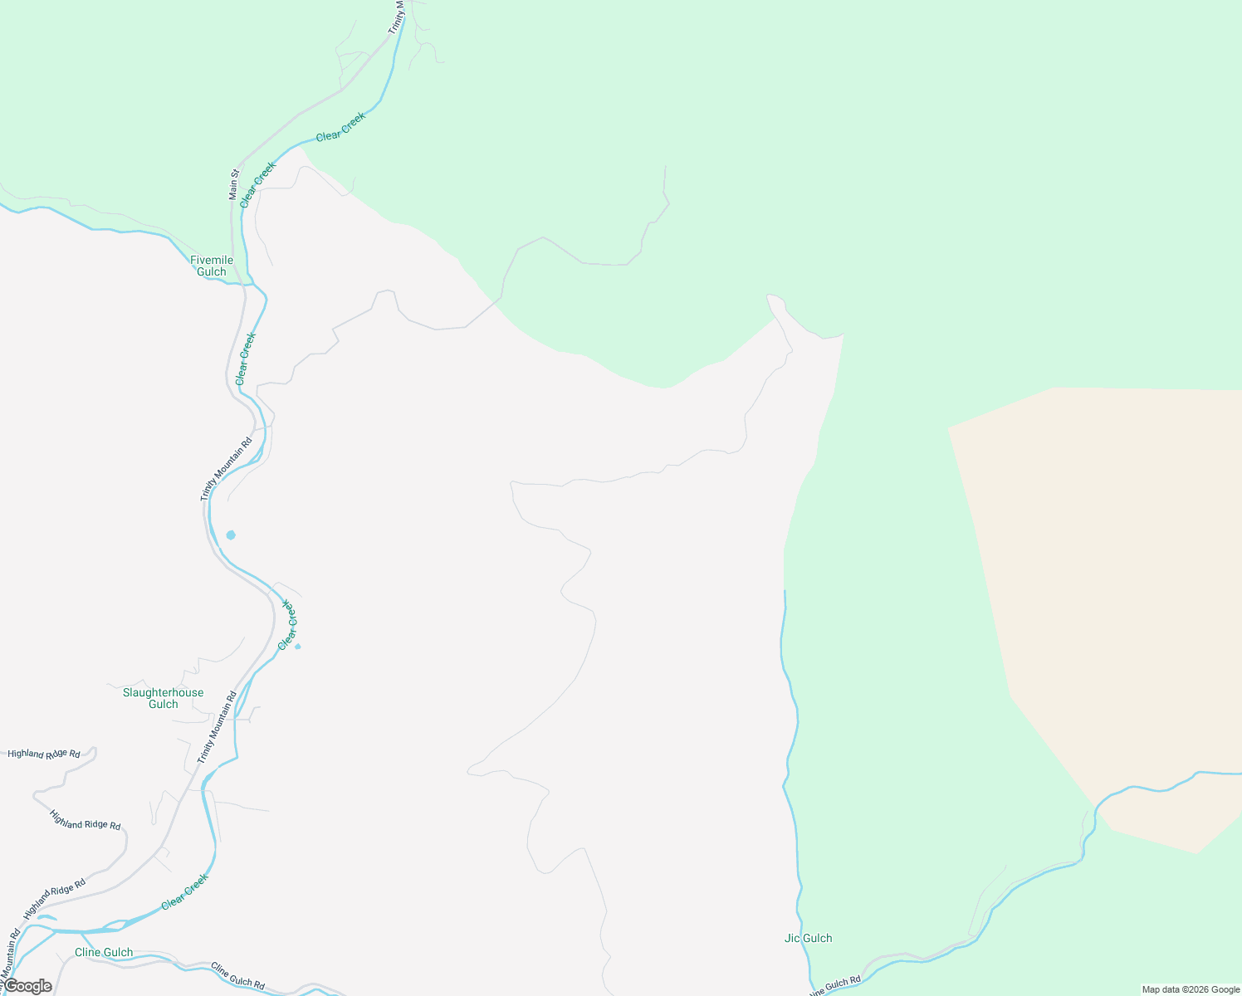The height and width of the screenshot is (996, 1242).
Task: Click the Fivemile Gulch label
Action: (x=212, y=266)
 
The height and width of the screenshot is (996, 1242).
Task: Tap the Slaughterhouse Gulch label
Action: (x=163, y=698)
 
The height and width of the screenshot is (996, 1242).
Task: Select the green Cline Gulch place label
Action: (x=104, y=952)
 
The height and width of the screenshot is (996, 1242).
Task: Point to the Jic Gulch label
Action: (x=808, y=938)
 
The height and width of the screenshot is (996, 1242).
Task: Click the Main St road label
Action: (x=234, y=184)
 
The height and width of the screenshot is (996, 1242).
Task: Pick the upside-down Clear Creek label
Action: (x=288, y=624)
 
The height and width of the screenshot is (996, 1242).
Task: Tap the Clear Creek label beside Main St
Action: (x=257, y=184)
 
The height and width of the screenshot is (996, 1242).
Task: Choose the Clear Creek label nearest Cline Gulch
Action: (x=184, y=891)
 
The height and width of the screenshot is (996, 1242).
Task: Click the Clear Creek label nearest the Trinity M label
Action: (x=340, y=126)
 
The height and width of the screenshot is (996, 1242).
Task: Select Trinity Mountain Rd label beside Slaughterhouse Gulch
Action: (x=217, y=727)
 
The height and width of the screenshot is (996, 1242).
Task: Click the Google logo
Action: (x=27, y=986)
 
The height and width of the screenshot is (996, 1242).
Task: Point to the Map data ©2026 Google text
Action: (x=1191, y=989)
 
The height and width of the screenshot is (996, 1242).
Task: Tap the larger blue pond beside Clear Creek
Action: (x=231, y=535)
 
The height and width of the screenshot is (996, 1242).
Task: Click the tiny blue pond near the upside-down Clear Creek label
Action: (x=298, y=647)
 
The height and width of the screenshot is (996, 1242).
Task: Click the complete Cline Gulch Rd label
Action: (x=237, y=975)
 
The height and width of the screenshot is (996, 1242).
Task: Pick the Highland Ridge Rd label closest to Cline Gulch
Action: (x=55, y=898)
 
